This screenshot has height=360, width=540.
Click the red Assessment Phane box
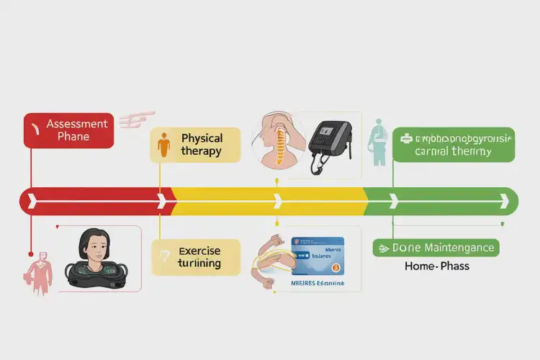click(x=68, y=130)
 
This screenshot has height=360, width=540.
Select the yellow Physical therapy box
click(x=195, y=145)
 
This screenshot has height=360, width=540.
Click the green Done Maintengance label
click(x=436, y=248)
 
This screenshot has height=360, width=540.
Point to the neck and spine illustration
click(x=277, y=140)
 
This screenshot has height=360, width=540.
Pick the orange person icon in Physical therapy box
click(x=164, y=145)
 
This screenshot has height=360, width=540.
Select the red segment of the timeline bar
click(x=94, y=201)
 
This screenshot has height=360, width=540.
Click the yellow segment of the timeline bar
click(x=266, y=201)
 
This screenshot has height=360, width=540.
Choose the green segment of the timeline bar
click(x=439, y=201)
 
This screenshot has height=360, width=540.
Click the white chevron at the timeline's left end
click(x=30, y=201)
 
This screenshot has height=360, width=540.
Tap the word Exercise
click(x=199, y=251)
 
